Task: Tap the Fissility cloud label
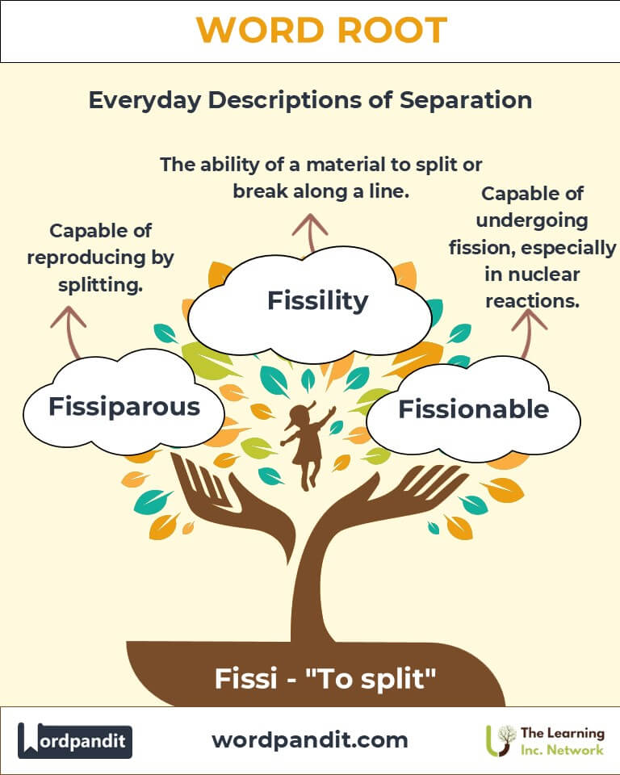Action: coord(317,301)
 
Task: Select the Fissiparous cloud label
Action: coord(124,406)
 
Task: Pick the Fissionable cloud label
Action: coord(473,409)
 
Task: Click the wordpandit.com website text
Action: coord(309,739)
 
